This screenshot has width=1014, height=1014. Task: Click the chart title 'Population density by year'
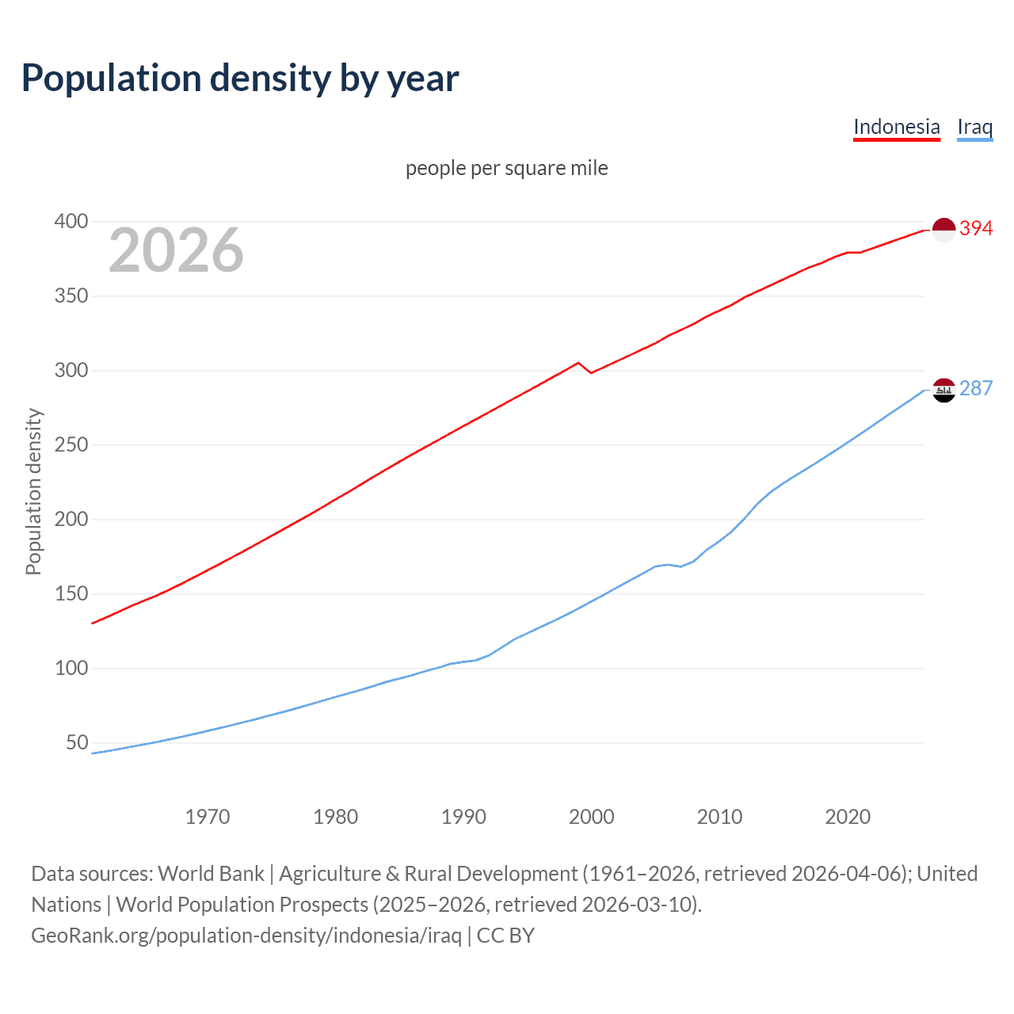coord(240,78)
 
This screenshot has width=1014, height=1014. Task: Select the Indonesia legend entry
coord(896,127)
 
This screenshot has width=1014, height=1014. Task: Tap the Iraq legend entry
coord(974,127)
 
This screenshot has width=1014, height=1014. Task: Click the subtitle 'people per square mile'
coord(506,168)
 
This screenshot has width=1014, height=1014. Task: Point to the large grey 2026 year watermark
coord(176,250)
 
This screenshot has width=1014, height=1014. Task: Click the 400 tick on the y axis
coord(71,222)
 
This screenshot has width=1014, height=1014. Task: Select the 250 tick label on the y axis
coord(71,445)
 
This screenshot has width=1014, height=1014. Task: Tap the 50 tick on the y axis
coord(77,743)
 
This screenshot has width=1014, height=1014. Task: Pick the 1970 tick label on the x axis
coord(208,817)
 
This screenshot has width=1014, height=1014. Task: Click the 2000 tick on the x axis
coord(591,817)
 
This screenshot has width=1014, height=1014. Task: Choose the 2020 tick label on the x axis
coord(848,817)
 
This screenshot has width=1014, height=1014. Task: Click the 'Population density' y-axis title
coord(33,491)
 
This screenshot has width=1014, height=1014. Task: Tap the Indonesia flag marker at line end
coord(943,230)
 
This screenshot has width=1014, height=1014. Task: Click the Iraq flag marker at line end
coord(943,390)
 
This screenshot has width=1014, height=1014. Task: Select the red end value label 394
coord(976,229)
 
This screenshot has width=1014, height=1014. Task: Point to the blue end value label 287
coord(976,388)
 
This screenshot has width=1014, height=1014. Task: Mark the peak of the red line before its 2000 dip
coord(578,363)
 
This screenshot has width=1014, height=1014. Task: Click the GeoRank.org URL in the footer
coord(246,936)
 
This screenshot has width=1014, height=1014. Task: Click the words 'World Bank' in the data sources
coord(211,874)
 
